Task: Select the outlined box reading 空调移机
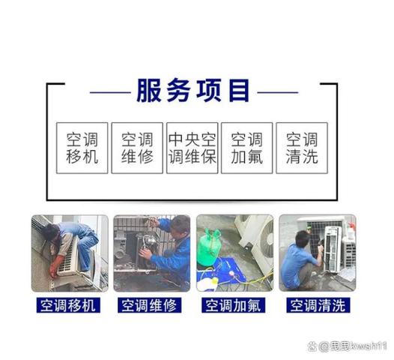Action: click(82, 148)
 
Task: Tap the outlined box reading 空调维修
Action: click(137, 148)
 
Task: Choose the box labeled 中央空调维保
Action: click(192, 148)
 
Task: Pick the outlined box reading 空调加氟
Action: click(246, 148)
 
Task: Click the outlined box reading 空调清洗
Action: click(301, 148)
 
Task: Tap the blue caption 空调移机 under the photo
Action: click(70, 305)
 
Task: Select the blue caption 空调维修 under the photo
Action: click(152, 305)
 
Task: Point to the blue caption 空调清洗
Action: click(318, 305)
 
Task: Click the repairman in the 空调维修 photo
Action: click(172, 251)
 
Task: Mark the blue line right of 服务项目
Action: click(276, 92)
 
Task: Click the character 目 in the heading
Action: click(238, 91)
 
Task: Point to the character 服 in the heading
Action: click(148, 91)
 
